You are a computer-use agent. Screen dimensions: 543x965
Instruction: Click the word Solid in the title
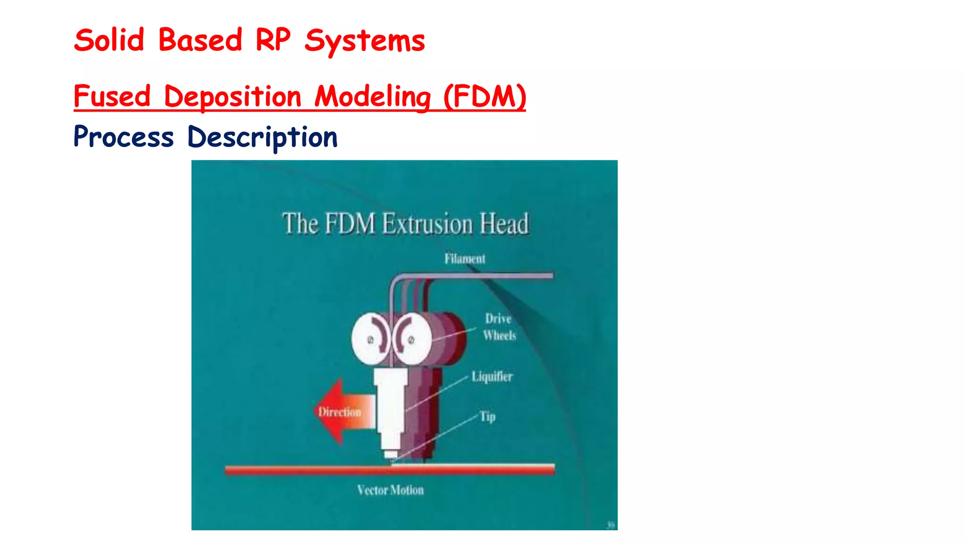pos(109,41)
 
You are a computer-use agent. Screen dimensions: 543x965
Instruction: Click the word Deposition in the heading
pos(232,97)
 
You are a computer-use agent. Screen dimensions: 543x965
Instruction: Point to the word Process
pos(123,137)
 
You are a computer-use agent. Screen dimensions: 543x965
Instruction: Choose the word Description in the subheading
pos(262,138)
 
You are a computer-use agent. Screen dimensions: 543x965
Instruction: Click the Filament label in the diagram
pos(465,259)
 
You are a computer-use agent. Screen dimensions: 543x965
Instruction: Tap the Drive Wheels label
pos(499,327)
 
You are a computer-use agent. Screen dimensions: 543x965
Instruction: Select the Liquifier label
pos(492,377)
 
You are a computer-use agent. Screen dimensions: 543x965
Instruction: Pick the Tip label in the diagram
pos(488,417)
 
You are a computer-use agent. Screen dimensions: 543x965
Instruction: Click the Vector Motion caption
pos(390,490)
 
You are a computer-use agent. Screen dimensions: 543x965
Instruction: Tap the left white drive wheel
pos(370,339)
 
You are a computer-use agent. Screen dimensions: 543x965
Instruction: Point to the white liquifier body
pos(390,405)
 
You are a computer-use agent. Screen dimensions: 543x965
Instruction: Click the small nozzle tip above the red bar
pos(391,455)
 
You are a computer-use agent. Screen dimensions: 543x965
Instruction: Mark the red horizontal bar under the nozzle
pos(390,469)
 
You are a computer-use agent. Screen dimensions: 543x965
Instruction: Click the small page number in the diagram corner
pos(611,525)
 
